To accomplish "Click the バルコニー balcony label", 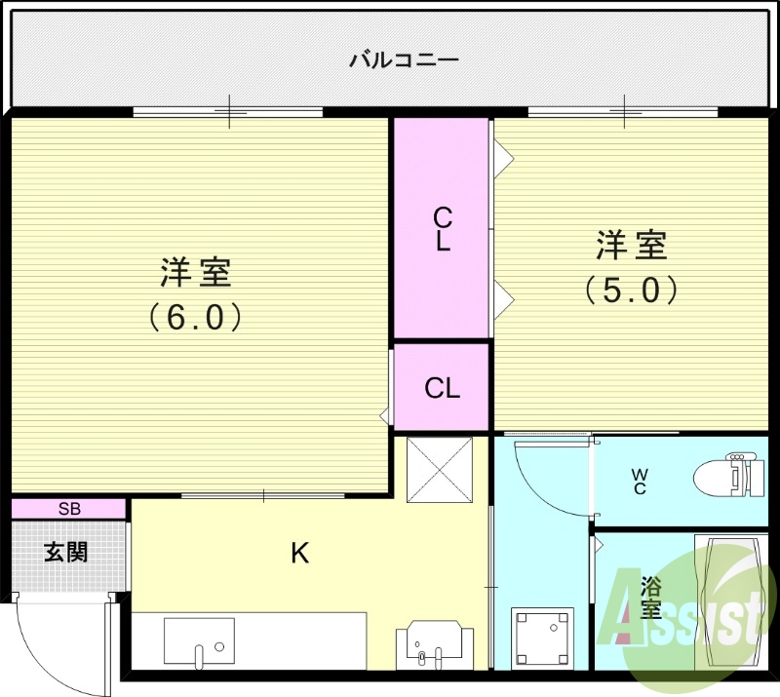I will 404,60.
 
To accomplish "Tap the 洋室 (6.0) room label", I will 195,293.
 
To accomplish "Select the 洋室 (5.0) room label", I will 631,266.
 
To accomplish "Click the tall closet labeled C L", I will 442,229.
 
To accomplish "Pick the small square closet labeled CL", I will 442,388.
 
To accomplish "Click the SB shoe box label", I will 69,509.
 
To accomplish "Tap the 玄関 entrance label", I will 66,553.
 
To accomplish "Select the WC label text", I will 640,481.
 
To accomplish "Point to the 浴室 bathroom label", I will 651,598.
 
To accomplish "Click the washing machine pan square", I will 542,635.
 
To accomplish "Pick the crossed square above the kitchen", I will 439,470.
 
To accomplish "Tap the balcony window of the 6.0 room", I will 228,111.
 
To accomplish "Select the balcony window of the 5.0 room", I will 625,111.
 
